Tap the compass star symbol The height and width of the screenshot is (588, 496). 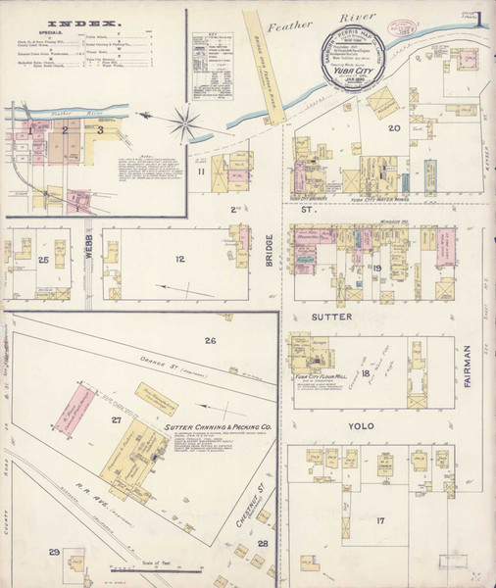tap(183, 124)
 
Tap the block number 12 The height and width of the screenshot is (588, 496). tap(179, 260)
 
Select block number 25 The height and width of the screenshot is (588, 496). tap(43, 260)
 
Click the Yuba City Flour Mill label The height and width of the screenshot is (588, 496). tap(321, 374)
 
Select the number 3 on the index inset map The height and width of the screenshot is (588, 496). tap(99, 128)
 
